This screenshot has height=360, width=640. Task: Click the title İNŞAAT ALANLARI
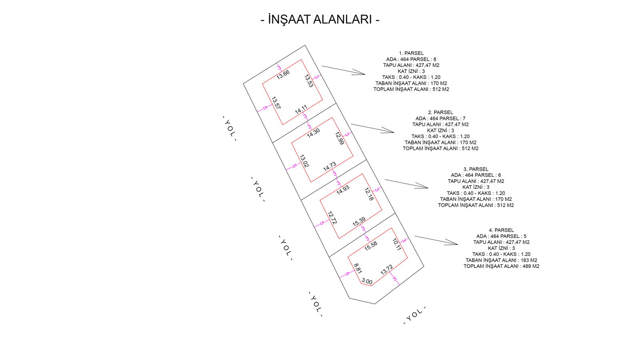[x=320, y=19]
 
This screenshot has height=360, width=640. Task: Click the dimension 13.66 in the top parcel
[x=283, y=74]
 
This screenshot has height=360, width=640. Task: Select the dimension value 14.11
[x=301, y=109]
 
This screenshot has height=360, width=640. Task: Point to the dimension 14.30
[x=313, y=133]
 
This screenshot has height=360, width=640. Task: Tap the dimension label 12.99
[x=339, y=138]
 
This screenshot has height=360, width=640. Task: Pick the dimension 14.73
[x=330, y=166]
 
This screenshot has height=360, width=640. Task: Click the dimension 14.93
[x=343, y=190]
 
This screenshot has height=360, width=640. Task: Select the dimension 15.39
[x=359, y=222]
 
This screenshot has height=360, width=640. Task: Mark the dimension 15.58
[x=371, y=246]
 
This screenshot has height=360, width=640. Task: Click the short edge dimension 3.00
[x=367, y=281]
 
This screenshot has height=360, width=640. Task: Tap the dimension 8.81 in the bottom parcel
[x=358, y=268]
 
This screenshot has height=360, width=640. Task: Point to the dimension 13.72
[x=387, y=270]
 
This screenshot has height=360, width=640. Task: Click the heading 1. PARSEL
[x=411, y=53]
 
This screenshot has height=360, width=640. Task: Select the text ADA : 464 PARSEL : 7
[x=440, y=118]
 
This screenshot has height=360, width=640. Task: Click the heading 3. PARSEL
[x=476, y=169]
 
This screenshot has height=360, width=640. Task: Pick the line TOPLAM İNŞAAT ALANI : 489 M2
[x=501, y=266]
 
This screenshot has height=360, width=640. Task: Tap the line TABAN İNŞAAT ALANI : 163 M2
[x=501, y=260]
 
